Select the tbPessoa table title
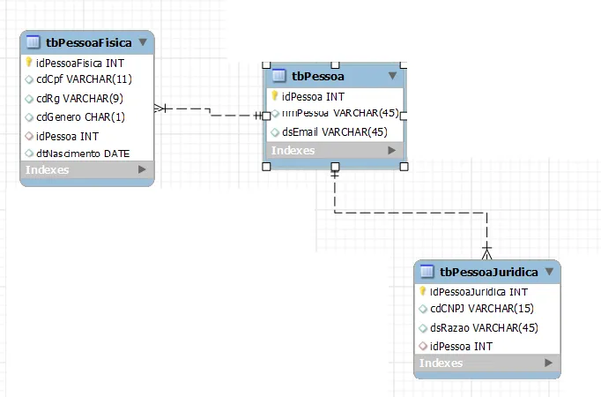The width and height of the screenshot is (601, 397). coord(318,76)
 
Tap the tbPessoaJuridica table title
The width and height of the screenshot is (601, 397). coord(489,272)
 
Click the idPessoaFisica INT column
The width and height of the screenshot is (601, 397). coord(80,63)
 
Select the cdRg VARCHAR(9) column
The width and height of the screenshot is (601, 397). coord(79,98)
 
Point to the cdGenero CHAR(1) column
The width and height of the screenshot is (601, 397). coord(80,116)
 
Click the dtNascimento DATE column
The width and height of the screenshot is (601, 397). coord(83,154)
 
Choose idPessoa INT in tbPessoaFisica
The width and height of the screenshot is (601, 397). coord(67,136)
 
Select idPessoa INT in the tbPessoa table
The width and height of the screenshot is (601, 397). coord(313,96)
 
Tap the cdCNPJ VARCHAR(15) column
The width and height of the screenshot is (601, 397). coord(481,309)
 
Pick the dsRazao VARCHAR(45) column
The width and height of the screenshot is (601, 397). coord(484,327)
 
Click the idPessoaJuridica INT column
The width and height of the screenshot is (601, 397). coord(478,291)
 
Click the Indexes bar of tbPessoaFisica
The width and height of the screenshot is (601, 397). coord(86,169)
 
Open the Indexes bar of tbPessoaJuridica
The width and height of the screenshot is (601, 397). coord(486,363)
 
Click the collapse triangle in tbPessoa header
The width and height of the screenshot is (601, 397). coord(393,76)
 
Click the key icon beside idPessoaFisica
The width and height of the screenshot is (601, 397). coord(29,63)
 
